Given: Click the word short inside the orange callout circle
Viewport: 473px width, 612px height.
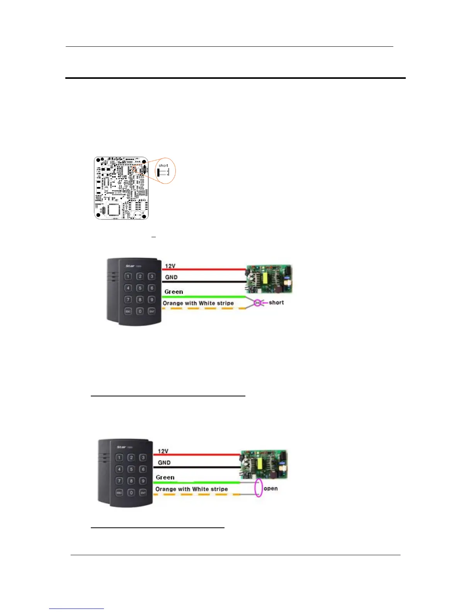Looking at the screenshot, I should [x=163, y=165].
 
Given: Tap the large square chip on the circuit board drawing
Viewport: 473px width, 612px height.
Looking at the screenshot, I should [x=114, y=210].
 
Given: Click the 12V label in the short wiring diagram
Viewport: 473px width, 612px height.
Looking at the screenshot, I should [x=170, y=266].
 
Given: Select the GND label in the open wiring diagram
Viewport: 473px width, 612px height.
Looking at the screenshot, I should [x=164, y=462].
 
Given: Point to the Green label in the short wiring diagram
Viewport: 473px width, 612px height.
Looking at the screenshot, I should [x=174, y=292].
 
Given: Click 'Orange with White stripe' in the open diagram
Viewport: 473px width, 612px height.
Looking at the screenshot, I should [x=191, y=489].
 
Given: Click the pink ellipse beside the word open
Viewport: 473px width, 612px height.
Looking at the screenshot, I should [x=259, y=488].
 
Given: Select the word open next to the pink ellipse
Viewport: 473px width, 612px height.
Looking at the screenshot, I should [x=271, y=488].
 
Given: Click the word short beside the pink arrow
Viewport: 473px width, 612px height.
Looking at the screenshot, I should [x=276, y=303].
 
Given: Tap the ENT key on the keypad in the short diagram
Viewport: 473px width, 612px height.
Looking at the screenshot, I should [x=152, y=311].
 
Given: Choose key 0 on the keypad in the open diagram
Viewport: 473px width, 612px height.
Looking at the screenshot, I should [x=131, y=493].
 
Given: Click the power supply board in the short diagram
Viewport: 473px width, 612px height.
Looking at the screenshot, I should [x=269, y=279].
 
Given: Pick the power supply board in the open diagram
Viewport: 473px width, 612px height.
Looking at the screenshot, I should [x=264, y=464].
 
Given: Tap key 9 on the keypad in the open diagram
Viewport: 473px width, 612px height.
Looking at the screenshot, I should [x=143, y=481].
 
